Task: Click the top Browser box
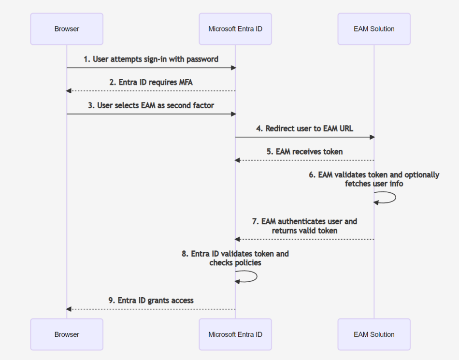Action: point(67,29)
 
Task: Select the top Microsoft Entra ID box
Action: point(235,29)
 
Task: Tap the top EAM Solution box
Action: point(374,29)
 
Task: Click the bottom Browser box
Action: point(67,334)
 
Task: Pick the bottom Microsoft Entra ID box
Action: point(235,334)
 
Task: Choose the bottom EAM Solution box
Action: point(374,334)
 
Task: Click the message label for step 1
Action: point(151,59)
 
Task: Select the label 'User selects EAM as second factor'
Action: point(151,106)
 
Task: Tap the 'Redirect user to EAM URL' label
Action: point(304,129)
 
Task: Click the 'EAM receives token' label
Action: point(304,152)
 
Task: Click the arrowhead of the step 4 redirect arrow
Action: point(372,137)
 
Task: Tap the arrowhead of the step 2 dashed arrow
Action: point(69,91)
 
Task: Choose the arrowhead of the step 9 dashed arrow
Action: point(69,309)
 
